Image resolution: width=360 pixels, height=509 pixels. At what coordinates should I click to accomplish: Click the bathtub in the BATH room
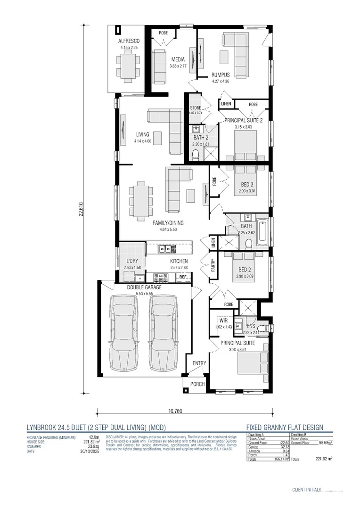tap(262, 233)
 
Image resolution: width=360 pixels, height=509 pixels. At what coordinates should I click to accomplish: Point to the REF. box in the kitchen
tap(183, 277)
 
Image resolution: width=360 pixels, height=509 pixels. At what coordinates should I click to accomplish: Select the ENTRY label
tap(199, 363)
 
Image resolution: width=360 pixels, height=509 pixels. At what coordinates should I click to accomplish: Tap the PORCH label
tap(197, 384)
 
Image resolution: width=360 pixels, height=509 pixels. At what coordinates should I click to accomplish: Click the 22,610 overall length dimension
tap(81, 209)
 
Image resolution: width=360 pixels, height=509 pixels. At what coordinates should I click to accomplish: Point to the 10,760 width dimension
tap(175, 411)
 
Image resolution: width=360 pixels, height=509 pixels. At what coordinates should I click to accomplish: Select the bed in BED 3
tap(246, 181)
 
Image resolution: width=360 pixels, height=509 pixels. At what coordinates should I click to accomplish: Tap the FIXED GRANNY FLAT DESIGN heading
tap(285, 427)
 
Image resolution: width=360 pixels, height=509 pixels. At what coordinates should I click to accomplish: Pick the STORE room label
tap(195, 108)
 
